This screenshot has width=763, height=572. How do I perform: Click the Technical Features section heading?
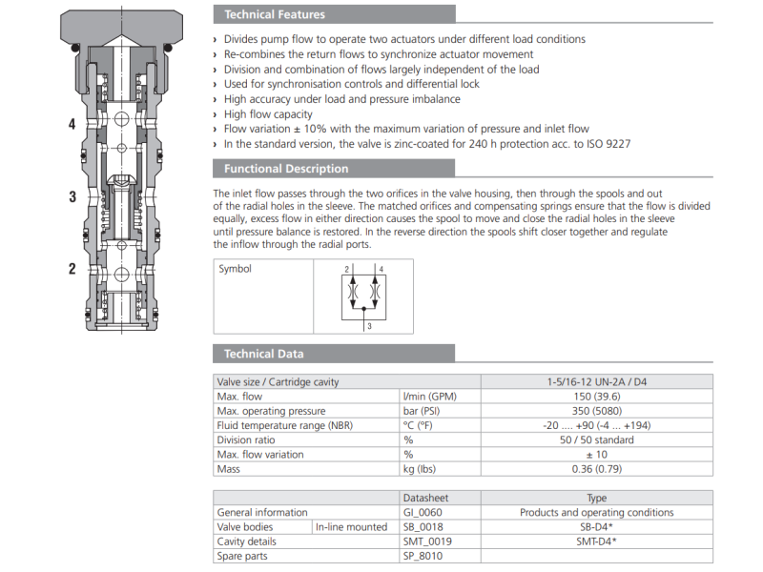[275, 14]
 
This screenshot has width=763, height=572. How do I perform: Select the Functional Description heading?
[286, 169]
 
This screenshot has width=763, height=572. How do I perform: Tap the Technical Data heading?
[263, 354]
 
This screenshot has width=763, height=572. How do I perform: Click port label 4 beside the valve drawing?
[72, 124]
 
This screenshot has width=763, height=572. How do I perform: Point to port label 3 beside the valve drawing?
[72, 197]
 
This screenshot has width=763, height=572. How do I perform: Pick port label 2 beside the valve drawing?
[72, 269]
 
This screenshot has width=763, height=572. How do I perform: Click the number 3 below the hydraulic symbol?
[368, 326]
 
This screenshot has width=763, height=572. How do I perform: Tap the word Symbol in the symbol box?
[235, 269]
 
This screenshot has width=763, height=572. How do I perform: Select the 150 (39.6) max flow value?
[595, 397]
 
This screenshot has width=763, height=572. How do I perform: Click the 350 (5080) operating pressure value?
[595, 411]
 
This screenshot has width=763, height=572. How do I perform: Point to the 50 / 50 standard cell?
[595, 439]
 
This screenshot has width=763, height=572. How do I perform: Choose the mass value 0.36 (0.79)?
[595, 468]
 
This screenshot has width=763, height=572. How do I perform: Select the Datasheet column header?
[425, 498]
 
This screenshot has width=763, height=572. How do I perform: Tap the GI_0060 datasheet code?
[423, 512]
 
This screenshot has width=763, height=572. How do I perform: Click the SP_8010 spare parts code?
[423, 556]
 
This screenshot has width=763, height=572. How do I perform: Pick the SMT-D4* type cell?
[595, 541]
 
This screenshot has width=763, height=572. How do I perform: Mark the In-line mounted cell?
[352, 527]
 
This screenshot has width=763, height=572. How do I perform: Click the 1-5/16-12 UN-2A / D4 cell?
[595, 382]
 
